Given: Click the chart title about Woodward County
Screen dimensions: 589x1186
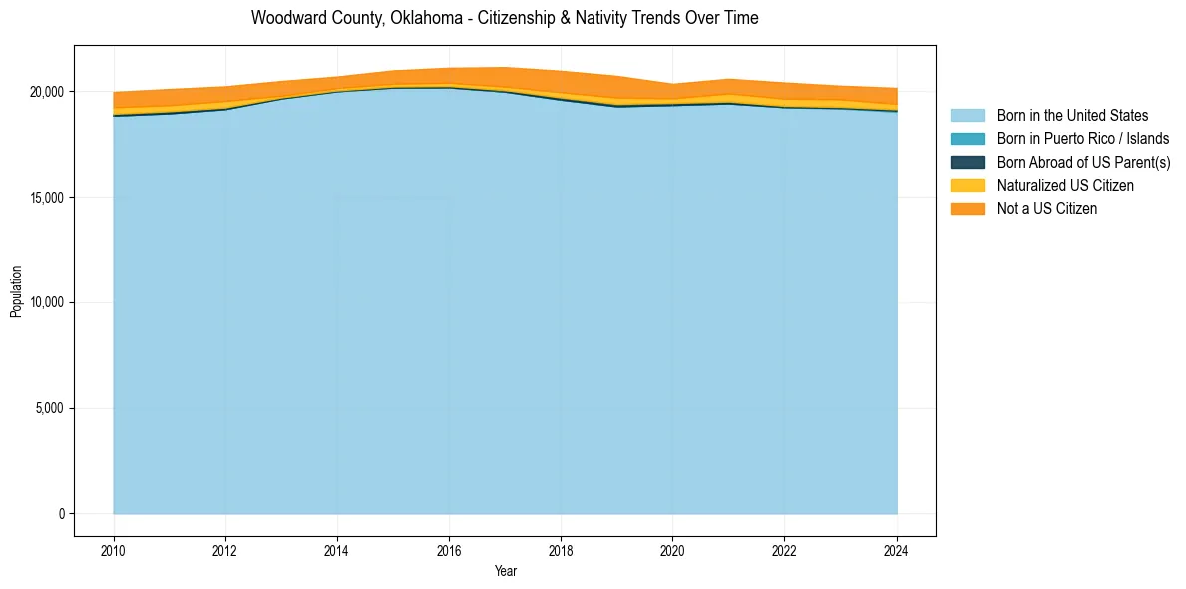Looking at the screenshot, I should click(x=505, y=18).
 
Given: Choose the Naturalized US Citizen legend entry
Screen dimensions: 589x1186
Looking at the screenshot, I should click(x=1065, y=186).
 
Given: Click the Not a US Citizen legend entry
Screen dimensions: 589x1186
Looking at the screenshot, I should click(x=1047, y=209).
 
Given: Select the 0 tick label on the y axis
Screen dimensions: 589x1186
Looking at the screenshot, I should click(x=61, y=514).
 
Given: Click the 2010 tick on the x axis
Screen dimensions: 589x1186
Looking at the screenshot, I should click(x=114, y=549).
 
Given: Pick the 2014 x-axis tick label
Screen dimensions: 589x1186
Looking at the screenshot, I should click(x=337, y=549).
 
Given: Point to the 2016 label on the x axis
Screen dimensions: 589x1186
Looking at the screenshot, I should click(x=449, y=549).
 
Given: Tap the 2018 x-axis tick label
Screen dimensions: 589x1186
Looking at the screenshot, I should click(x=561, y=549).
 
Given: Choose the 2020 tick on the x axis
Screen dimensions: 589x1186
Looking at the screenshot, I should click(x=672, y=549).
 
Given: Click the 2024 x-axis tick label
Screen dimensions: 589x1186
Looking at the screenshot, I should click(x=897, y=549).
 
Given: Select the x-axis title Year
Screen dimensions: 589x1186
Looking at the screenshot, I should click(x=505, y=572).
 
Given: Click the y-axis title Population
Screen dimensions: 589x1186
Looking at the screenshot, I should click(x=16, y=292).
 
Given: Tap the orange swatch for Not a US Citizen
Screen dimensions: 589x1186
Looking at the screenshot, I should click(x=967, y=209).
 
